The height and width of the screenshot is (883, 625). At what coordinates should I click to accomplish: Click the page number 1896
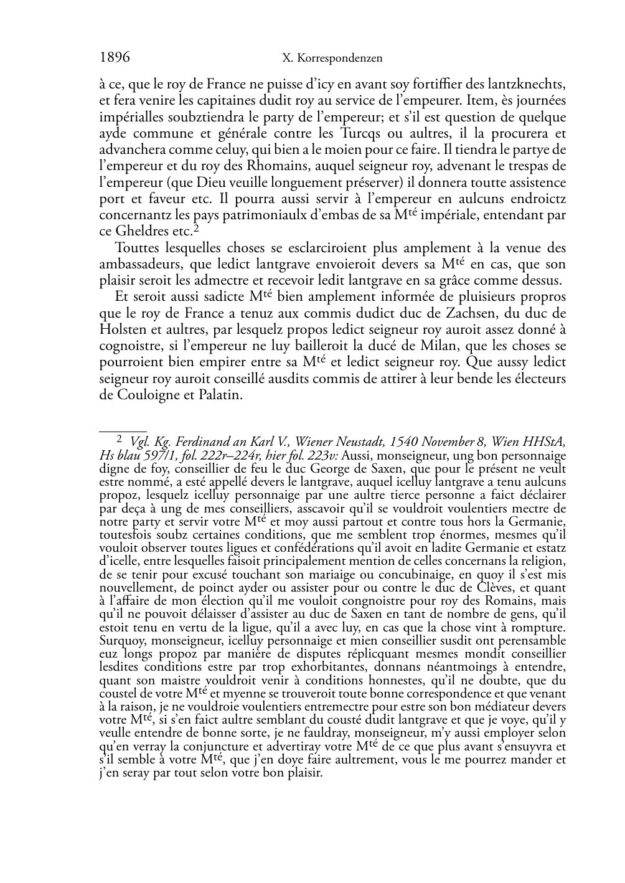coord(115,58)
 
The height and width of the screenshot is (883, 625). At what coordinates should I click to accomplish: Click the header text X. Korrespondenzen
coord(332,59)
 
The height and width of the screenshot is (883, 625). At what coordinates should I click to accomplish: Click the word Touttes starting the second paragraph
coord(138,247)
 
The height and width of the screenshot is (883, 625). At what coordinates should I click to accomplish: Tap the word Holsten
coord(123,329)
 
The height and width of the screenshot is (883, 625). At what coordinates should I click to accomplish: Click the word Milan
coord(395,346)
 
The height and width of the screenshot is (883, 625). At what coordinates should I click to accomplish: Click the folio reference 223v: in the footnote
coord(321,455)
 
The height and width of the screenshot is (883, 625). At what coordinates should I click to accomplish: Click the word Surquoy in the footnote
coord(120,640)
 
